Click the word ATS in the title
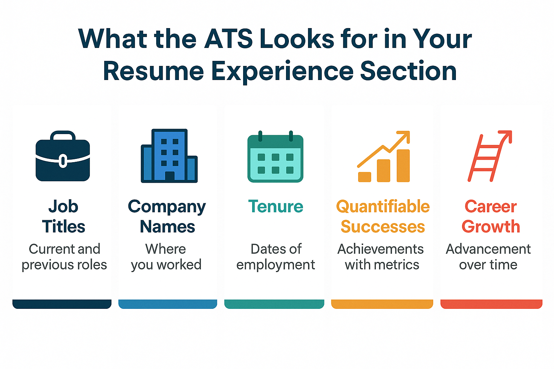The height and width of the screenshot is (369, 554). pyautogui.click(x=229, y=39)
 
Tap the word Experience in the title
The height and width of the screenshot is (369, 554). pyautogui.click(x=282, y=72)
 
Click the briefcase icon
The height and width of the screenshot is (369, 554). pyautogui.click(x=63, y=156)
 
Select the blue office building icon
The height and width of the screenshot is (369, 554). pyautogui.click(x=169, y=156)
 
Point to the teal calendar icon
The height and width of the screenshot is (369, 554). pyautogui.click(x=275, y=156)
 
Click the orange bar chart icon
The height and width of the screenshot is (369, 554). pyautogui.click(x=384, y=156)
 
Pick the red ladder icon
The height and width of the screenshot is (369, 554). pyautogui.click(x=489, y=156)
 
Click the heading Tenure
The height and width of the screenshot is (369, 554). pyautogui.click(x=276, y=206)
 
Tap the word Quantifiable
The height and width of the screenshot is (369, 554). pyautogui.click(x=383, y=206)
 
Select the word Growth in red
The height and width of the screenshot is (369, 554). pyautogui.click(x=491, y=227)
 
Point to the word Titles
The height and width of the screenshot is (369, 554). pyautogui.click(x=63, y=226)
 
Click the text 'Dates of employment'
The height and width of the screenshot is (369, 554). pyautogui.click(x=276, y=257)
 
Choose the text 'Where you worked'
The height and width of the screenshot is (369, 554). pyautogui.click(x=166, y=257)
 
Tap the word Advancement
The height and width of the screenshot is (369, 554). pyautogui.click(x=488, y=249)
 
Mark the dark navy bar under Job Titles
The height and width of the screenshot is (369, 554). pyautogui.click(x=62, y=304)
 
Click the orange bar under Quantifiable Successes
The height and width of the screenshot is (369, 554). pyautogui.click(x=382, y=304)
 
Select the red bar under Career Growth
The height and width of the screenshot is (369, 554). pyautogui.click(x=491, y=304)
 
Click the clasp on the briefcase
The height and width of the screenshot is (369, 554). pyautogui.click(x=63, y=161)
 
